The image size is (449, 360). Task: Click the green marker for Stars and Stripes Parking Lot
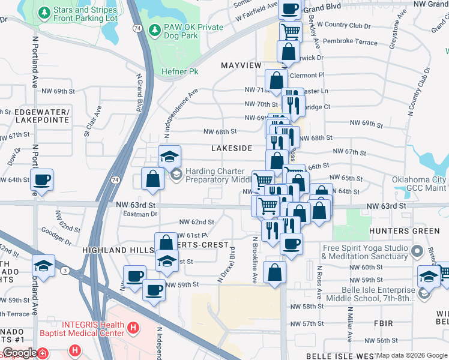tap(44, 13)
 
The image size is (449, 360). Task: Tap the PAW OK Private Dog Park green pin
tap(155, 29)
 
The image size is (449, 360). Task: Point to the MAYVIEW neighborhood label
tap(241, 65)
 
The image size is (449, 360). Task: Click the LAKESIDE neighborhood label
tap(232, 148)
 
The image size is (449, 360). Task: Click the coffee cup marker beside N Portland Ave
tap(42, 179)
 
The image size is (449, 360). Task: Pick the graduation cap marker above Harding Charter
tap(169, 157)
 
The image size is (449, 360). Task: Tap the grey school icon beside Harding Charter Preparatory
tap(176, 175)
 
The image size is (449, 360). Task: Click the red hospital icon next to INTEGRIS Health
tap(133, 328)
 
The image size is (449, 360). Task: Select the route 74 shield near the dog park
tap(138, 29)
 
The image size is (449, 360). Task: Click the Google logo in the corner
tap(20, 353)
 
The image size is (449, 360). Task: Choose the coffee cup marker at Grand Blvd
tap(290, 8)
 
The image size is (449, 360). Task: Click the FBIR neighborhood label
tap(382, 323)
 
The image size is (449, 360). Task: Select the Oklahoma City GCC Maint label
tap(419, 184)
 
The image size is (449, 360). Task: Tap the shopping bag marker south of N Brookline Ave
tap(274, 272)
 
